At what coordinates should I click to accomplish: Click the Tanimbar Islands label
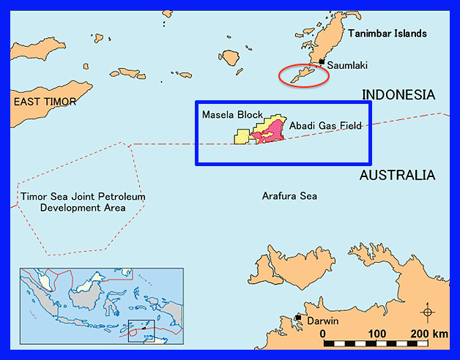tap(387, 34)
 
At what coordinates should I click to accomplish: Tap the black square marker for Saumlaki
tap(322, 61)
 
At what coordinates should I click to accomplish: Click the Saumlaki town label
tap(347, 66)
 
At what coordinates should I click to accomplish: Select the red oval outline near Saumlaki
tap(304, 75)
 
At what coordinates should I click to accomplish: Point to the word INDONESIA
tap(399, 95)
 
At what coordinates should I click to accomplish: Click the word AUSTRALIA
tap(398, 176)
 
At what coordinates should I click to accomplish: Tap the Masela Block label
tap(231, 116)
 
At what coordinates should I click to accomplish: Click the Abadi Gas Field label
tap(325, 126)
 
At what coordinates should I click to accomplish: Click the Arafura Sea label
tap(289, 195)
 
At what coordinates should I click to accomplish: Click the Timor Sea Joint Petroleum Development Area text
tap(83, 202)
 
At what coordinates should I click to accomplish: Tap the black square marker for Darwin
tap(297, 318)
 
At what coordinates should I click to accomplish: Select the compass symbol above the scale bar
tap(427, 312)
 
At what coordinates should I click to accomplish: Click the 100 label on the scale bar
tap(376, 334)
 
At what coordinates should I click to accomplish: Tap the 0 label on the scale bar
tap(323, 334)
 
